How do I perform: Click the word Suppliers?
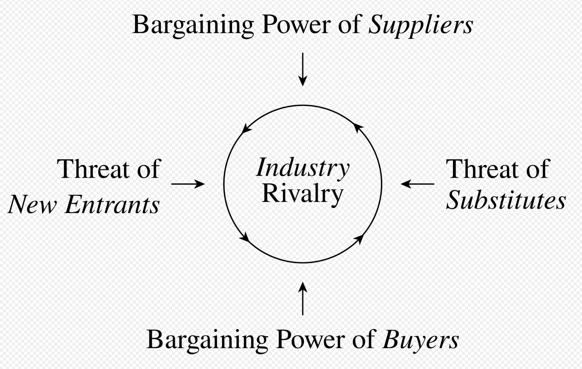420,26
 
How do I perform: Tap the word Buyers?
421,340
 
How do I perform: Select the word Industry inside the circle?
303,168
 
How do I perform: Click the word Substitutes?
506,200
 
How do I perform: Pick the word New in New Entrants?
32,204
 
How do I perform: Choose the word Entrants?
112,204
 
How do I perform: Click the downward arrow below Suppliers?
302,70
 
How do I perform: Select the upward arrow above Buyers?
302,298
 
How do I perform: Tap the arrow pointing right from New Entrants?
188,184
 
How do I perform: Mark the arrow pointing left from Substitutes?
417,184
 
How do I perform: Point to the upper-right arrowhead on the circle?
357,128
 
